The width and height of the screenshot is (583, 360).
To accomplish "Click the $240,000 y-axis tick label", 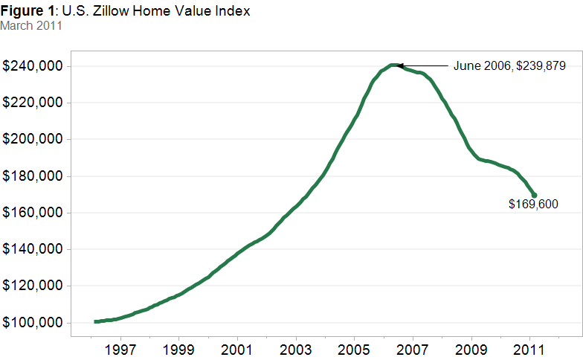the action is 33,66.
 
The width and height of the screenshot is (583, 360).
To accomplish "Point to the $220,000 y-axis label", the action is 33,103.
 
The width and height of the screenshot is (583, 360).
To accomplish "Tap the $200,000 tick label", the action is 33,139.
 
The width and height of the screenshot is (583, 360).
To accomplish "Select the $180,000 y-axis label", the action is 33,176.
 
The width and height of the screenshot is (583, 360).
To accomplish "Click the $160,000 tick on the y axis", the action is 33,213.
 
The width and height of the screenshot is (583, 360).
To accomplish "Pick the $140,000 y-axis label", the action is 33,248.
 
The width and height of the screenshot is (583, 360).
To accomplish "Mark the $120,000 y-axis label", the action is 33,286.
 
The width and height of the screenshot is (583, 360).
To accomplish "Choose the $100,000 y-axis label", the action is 33,323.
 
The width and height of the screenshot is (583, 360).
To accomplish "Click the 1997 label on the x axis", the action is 120,350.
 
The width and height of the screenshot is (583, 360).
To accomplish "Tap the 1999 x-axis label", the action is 178,350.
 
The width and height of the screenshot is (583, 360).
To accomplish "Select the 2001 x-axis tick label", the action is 236,350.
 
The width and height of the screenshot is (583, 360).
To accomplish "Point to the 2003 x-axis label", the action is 296,350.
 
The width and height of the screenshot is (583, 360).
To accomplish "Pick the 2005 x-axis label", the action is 354,350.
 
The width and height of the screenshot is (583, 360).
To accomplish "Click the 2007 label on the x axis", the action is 412,350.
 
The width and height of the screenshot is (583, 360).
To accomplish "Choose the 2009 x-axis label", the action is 471,350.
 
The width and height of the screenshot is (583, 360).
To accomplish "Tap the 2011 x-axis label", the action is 529,350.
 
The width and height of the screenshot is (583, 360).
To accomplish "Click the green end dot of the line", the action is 534,195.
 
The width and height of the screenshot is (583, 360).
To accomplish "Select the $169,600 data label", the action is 534,204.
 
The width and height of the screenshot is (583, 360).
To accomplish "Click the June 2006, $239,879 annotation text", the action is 509,66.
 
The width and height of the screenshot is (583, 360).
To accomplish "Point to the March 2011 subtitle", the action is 31,25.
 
